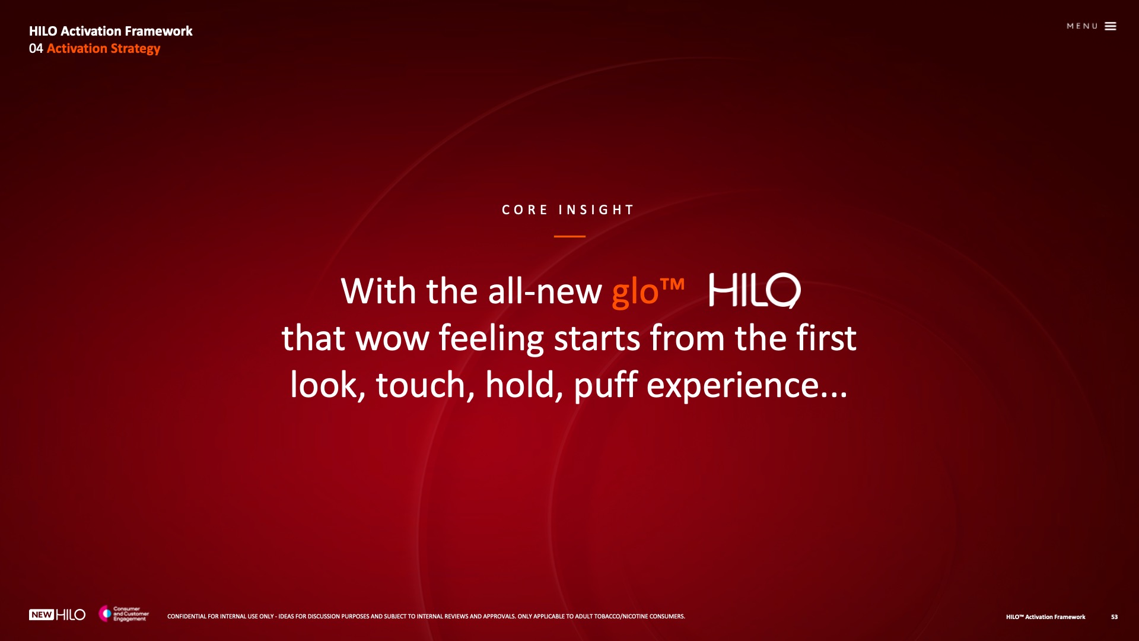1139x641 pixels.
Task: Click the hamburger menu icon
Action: coord(1111,26)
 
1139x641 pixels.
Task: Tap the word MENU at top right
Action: coord(1082,26)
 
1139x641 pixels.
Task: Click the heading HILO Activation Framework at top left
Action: coord(110,31)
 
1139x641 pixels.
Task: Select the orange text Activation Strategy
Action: coord(103,49)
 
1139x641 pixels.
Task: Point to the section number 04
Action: coord(36,49)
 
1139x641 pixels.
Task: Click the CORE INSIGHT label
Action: coord(568,210)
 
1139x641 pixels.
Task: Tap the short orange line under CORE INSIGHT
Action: coord(569,236)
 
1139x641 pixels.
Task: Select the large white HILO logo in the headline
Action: coord(755,290)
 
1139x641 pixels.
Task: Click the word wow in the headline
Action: coord(392,339)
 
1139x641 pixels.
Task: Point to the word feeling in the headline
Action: coord(491,338)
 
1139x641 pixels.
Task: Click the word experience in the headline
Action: coord(733,386)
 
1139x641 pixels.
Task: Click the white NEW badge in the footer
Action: coord(42,615)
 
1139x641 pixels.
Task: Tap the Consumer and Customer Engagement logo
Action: coord(123,614)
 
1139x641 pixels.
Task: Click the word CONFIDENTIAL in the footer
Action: coord(186,617)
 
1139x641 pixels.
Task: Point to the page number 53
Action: coord(1114,617)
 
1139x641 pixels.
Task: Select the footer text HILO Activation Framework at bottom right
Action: coord(1045,617)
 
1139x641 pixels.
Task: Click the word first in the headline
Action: coord(826,338)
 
